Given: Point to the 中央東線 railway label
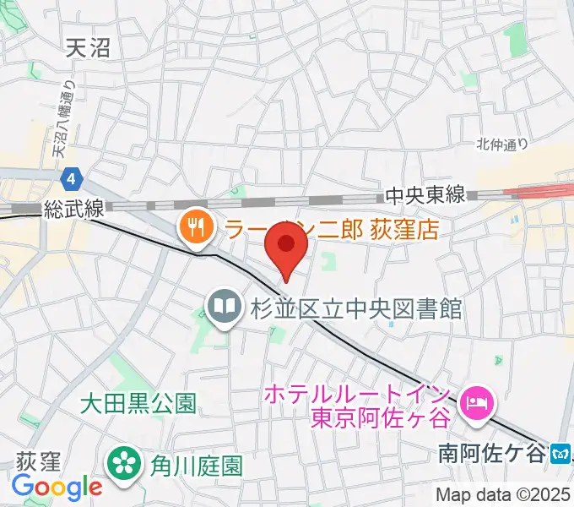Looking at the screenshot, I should pyautogui.click(x=425, y=195).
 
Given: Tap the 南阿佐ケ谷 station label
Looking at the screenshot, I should pyautogui.click(x=492, y=454).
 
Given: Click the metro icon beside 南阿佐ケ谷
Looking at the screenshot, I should pyautogui.click(x=560, y=454).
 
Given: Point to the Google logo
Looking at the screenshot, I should pyautogui.click(x=57, y=487).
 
